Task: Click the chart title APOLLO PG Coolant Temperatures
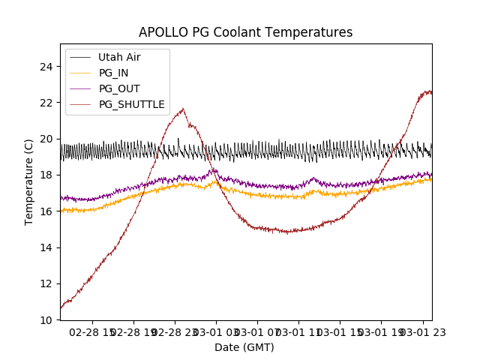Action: (245, 33)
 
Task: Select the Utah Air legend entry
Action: (119, 57)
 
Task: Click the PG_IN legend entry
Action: (113, 73)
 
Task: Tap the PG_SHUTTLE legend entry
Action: (131, 104)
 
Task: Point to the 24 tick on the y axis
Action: (47, 67)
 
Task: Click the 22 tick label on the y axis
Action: (47, 103)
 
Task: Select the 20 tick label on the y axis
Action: (47, 139)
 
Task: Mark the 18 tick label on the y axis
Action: (47, 175)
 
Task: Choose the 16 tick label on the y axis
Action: (47, 211)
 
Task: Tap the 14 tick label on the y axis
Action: (47, 247)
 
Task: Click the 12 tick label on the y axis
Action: (47, 283)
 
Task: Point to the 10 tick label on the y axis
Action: (47, 319)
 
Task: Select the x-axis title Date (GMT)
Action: (244, 347)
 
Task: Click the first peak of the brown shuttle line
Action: (182, 109)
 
